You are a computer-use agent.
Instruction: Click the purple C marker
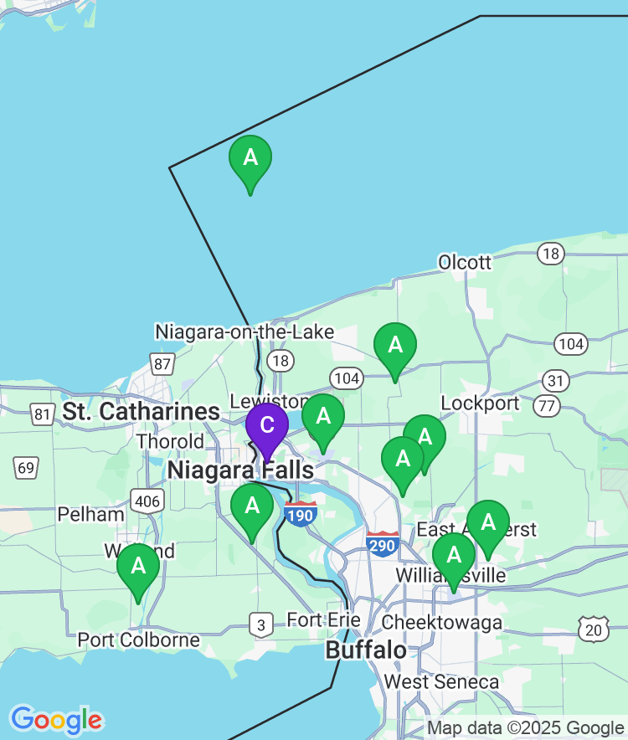pyautogui.click(x=266, y=425)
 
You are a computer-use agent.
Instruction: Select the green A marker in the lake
pyautogui.click(x=250, y=157)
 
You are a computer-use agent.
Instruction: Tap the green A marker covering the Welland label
pyautogui.click(x=138, y=566)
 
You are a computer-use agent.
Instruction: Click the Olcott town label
pyautogui.click(x=465, y=263)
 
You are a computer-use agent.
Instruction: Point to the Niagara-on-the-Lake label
pyautogui.click(x=245, y=332)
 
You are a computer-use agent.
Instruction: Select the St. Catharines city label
pyautogui.click(x=141, y=412)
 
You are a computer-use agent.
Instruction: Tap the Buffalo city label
pyautogui.click(x=366, y=650)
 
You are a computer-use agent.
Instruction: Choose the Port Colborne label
pyautogui.click(x=138, y=640)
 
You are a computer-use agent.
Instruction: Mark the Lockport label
pyautogui.click(x=480, y=403)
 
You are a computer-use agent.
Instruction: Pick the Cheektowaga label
pyautogui.click(x=442, y=623)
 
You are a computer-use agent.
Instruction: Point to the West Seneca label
pyautogui.click(x=441, y=682)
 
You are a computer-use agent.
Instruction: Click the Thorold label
pyautogui.click(x=169, y=441)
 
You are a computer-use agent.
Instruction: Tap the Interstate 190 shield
pyautogui.click(x=300, y=513)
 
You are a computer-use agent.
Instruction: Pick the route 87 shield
pyautogui.click(x=162, y=364)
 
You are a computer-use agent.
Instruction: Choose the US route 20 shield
pyautogui.click(x=594, y=628)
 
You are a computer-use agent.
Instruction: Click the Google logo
pyautogui.click(x=56, y=719)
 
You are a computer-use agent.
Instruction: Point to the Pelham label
pyautogui.click(x=90, y=513)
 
